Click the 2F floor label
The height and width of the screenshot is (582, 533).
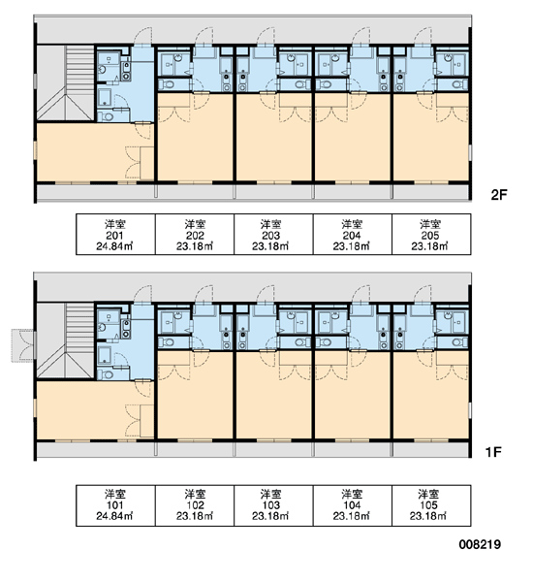coord(499,195)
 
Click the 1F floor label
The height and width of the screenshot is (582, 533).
coord(493,452)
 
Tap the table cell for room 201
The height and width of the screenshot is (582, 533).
coord(115,234)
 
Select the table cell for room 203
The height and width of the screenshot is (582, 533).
coord(273,234)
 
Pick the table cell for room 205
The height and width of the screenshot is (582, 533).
coord(431,234)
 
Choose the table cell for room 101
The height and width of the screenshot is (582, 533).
coord(115,505)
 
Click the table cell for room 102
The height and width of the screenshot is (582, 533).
coord(195,505)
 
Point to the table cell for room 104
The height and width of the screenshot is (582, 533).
coord(353,505)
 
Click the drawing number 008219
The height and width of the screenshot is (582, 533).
coord(480,544)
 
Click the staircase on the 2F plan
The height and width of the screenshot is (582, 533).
coord(65,82)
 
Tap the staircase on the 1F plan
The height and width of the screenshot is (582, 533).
coord(65,340)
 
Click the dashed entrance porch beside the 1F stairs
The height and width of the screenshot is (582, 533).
coord(22,345)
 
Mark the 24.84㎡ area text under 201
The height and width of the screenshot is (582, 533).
coord(114,246)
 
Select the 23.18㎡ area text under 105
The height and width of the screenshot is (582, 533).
coord(428,516)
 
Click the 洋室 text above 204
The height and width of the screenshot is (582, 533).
coord(352,224)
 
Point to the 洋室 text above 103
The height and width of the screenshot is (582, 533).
coord(270,494)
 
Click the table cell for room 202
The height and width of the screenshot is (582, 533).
coord(195,234)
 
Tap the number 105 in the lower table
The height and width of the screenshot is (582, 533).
coord(428,505)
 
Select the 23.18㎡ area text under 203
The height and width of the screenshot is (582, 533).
coord(270,246)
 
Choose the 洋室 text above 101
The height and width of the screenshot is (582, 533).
coord(115,494)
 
